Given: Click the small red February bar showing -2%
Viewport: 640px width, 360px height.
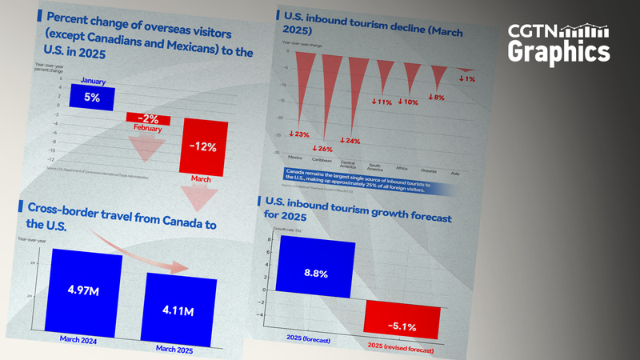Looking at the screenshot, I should pyautogui.click(x=146, y=118).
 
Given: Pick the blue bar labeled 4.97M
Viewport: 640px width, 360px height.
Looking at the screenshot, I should pyautogui.click(x=86, y=289).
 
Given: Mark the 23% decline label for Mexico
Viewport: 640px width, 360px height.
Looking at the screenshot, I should pyautogui.click(x=298, y=134).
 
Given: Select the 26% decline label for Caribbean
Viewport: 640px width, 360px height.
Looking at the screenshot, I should pyautogui.click(x=324, y=149).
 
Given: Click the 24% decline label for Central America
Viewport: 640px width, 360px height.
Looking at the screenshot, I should pyautogui.click(x=350, y=140).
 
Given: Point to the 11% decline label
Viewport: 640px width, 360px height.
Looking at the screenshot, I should pyautogui.click(x=382, y=102).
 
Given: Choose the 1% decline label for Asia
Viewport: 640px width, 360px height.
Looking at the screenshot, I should pyautogui.click(x=466, y=78).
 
